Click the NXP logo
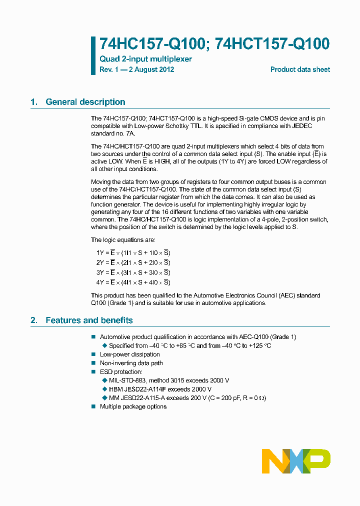coord(296,461)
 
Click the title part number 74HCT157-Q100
coord(272,44)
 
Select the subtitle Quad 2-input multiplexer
coord(145,59)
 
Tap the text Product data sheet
coord(300,69)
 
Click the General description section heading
coord(85,102)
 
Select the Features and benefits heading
coord(89,320)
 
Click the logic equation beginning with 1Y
coord(133,253)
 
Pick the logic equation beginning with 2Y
coord(133,262)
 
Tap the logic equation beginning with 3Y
coord(133,272)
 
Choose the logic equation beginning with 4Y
coord(133,282)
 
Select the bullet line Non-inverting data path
coord(131,363)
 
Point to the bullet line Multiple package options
coord(133,406)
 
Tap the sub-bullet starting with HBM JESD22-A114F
coord(160,389)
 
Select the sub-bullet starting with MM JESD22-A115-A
coord(187,398)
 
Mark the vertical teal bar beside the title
coord(93,55)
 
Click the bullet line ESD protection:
coord(121,371)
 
